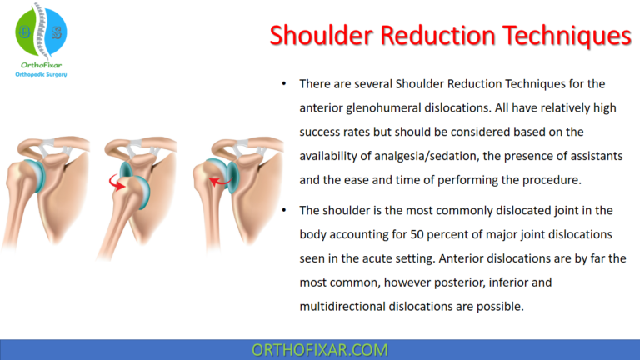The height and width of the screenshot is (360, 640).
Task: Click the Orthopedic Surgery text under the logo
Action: (41, 74)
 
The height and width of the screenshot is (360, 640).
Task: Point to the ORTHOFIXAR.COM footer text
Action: (319, 349)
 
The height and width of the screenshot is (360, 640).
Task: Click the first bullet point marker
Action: (284, 85)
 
